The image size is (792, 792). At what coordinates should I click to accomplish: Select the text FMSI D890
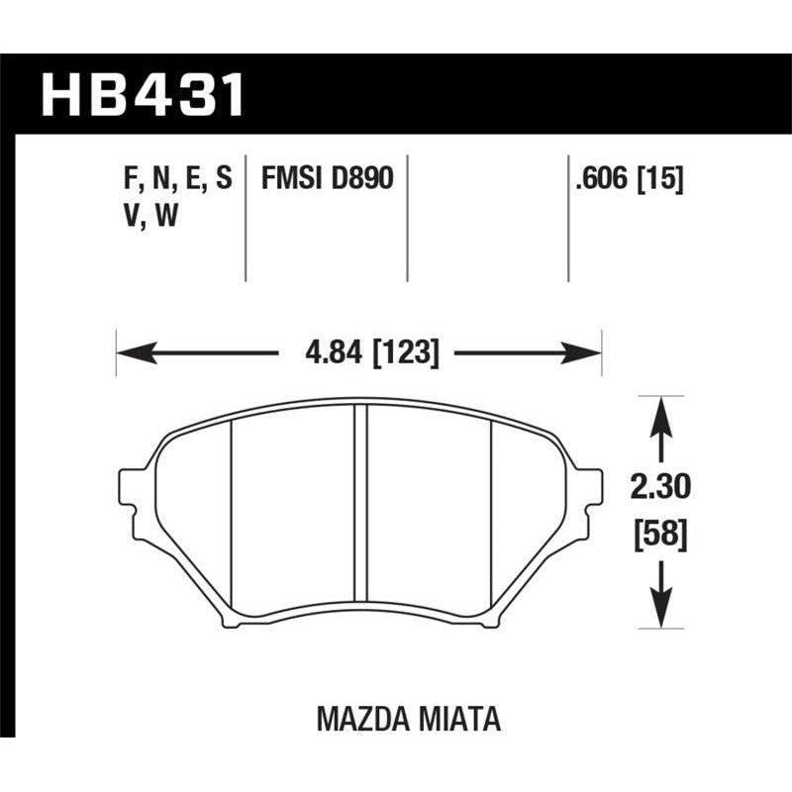tap(327, 179)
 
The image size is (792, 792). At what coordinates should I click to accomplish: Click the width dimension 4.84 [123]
tap(360, 351)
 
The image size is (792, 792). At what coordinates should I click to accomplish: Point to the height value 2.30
tap(657, 487)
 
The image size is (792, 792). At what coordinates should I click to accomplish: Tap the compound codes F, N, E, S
tap(172, 179)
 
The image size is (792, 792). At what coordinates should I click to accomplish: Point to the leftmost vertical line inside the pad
tap(231, 515)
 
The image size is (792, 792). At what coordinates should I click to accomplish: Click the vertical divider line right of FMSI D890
tap(408, 218)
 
